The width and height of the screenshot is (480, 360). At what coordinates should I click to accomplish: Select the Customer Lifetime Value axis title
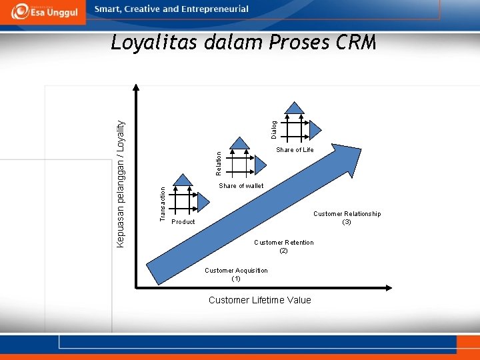pos(259,300)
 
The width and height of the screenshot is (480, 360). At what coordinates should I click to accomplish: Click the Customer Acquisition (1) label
pos(236,275)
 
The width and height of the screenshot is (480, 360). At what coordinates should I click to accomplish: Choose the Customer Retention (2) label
pos(283,247)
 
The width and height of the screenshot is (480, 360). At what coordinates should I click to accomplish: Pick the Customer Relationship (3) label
pos(347,218)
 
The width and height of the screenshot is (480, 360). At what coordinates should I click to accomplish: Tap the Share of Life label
pos(295,150)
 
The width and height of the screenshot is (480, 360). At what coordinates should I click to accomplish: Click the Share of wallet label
pos(241,186)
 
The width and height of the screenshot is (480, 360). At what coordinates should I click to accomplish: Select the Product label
pos(183,222)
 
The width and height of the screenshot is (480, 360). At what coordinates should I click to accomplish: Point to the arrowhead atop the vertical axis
pos(137,87)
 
